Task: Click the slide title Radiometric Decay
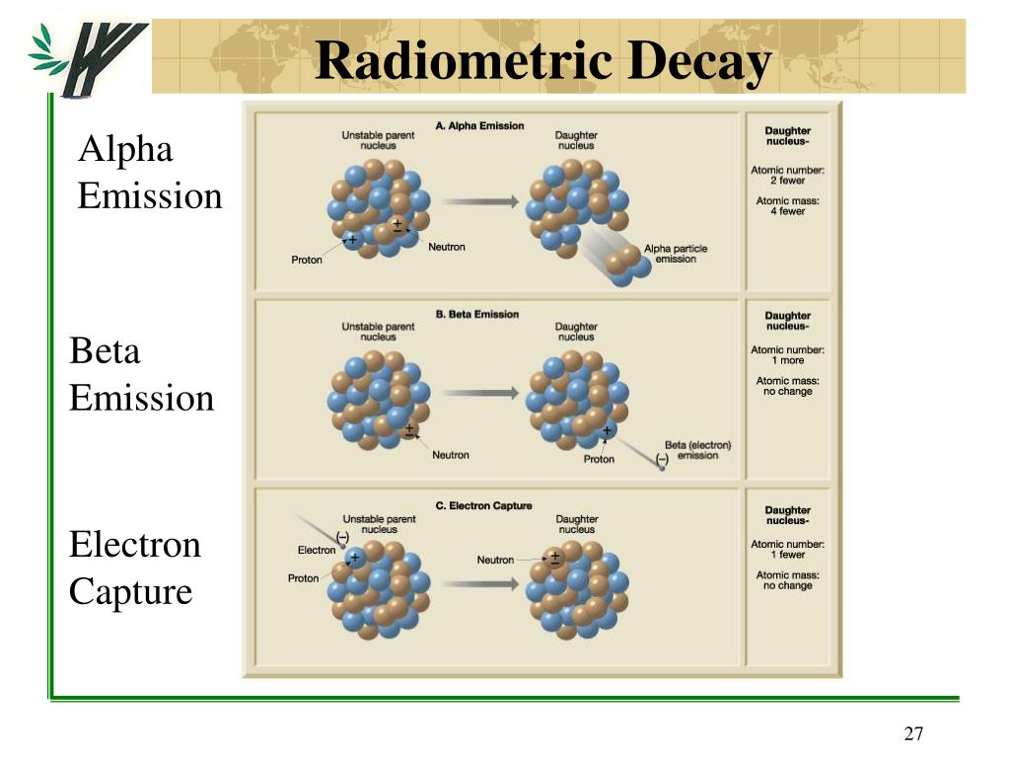tap(543, 63)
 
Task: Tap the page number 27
tap(912, 733)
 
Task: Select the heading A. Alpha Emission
tap(479, 126)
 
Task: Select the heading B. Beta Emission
tap(476, 315)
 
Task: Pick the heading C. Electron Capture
tap(483, 506)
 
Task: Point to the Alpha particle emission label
tap(676, 254)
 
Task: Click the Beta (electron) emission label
tap(697, 450)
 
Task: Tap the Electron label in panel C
tap(317, 550)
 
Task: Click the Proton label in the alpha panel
tap(307, 260)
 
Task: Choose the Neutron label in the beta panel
tap(451, 455)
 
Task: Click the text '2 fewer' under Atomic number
tap(787, 181)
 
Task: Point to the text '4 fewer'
tap(787, 211)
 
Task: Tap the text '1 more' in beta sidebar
tap(787, 360)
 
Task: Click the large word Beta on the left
tap(105, 351)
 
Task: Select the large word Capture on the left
tap(130, 591)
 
